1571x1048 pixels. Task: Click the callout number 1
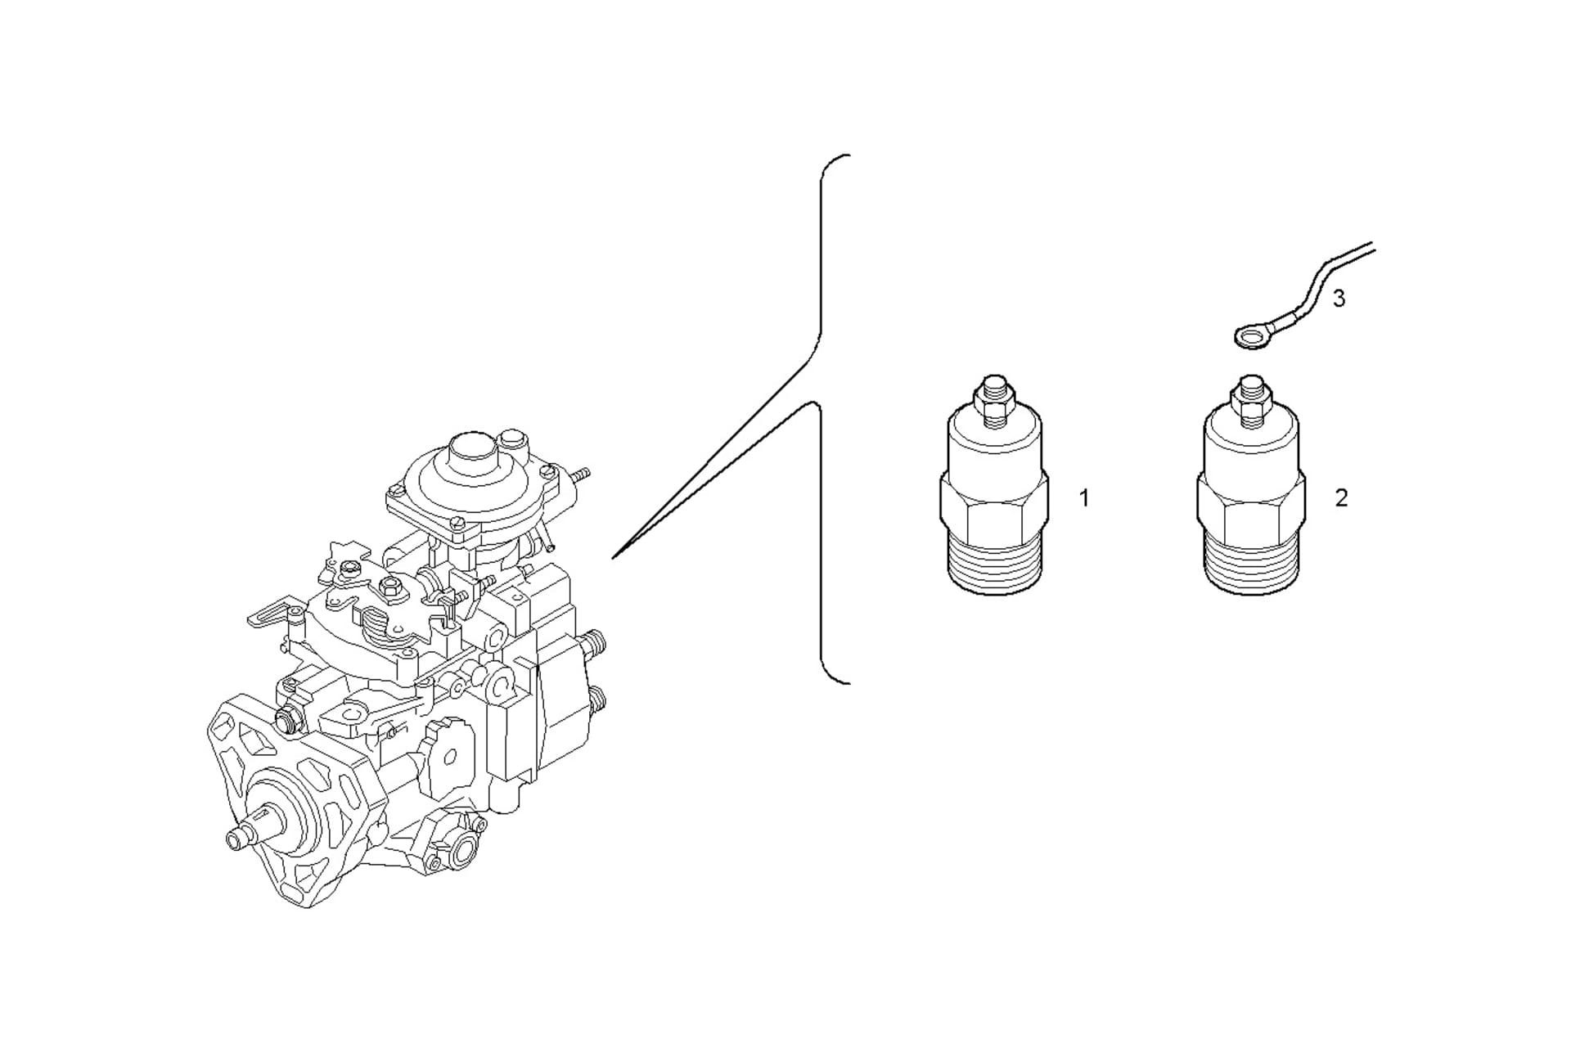pos(1084,497)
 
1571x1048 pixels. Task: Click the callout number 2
pos(1341,497)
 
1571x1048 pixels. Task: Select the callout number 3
pos(1339,299)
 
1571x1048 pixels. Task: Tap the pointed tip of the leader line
pos(613,558)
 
